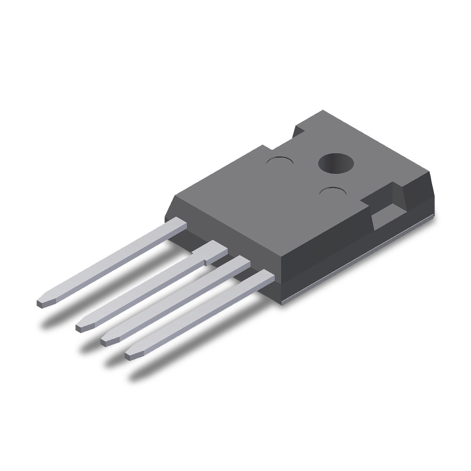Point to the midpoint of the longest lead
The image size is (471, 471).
tap(110, 263)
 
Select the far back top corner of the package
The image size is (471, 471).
tap(323, 110)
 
